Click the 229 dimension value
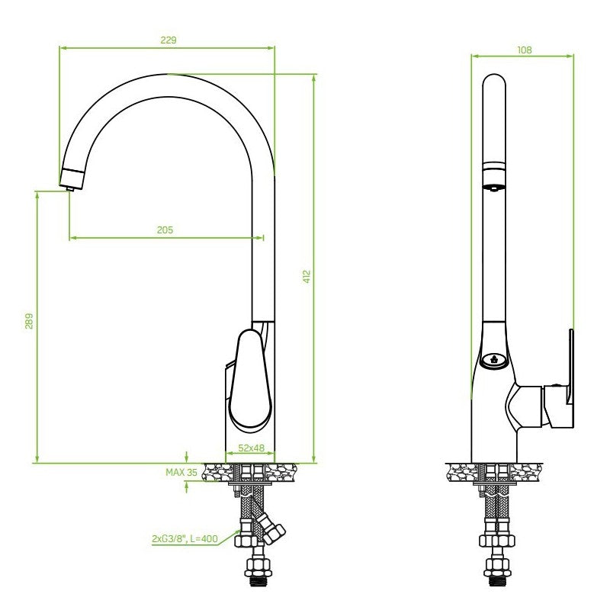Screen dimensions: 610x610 tap(169, 40)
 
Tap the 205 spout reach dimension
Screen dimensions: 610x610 tap(165, 230)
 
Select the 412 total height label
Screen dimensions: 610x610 tap(307, 277)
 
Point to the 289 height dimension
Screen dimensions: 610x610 tap(29, 321)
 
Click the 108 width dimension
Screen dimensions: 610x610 tap(525, 50)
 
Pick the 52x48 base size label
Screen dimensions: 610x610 tap(252, 448)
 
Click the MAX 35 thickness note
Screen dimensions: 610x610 tap(181, 472)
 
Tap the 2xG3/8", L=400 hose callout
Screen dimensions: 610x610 tap(185, 539)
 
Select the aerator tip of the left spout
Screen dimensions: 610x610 tap(72, 179)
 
